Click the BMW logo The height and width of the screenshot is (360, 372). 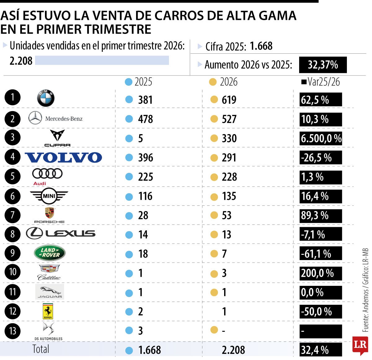(46, 98)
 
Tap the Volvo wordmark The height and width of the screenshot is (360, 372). (63, 157)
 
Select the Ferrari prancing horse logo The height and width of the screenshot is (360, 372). (48, 311)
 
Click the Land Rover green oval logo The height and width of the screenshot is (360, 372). (50, 253)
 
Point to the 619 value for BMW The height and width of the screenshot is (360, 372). (229, 100)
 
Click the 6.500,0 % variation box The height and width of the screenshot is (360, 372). (321, 138)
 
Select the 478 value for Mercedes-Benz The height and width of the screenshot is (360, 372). (145, 119)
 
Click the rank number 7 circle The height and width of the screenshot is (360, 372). (12, 215)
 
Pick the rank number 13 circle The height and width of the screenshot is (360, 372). (12, 331)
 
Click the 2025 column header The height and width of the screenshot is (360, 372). (143, 82)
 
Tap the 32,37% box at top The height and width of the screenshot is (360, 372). (323, 65)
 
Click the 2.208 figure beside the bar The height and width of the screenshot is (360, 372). (21, 61)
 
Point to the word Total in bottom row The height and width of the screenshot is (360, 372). (41, 349)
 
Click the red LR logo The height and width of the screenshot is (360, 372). (360, 345)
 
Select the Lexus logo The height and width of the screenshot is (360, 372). (60, 233)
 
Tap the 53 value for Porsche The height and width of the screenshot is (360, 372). (227, 215)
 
